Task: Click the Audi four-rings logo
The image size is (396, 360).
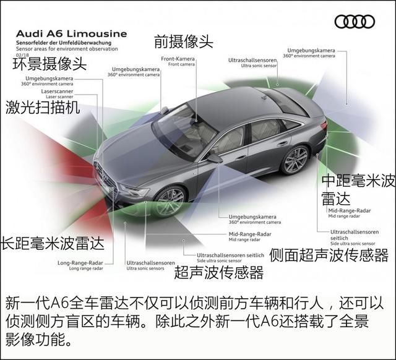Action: [x=355, y=21]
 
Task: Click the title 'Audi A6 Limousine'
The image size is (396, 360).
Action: [x=71, y=33]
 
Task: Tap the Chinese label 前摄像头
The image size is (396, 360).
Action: [x=183, y=42]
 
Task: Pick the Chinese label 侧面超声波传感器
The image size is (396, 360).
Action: [x=329, y=255]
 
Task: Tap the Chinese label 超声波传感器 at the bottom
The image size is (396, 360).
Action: [x=218, y=272]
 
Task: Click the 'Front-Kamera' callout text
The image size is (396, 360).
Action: [x=178, y=59]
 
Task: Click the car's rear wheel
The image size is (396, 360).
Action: [x=295, y=160]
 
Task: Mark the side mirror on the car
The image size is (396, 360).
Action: [x=214, y=158]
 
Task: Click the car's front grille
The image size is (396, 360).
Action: [x=106, y=177]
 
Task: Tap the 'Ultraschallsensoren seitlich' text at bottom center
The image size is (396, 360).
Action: [x=230, y=255]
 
